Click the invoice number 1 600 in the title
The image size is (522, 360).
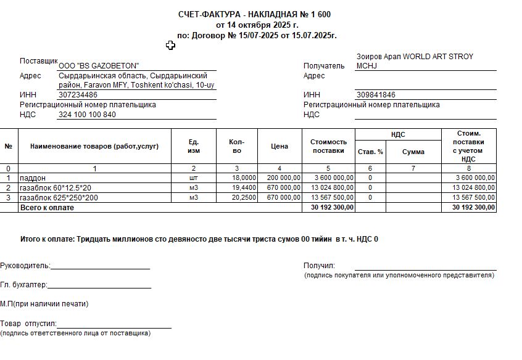click(325, 14)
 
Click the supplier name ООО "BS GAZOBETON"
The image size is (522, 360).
click(99, 66)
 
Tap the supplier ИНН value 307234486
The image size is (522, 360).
click(78, 95)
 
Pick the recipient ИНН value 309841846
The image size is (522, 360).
click(376, 95)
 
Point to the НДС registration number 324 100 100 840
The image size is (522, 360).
click(87, 115)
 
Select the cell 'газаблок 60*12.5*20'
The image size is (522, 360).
click(56, 187)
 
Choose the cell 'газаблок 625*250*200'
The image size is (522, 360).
click(59, 197)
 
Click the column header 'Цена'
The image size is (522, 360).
click(280, 147)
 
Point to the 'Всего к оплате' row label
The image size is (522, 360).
click(47, 208)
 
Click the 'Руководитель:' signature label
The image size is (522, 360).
click(25, 266)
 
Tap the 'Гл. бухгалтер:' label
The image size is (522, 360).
click(23, 285)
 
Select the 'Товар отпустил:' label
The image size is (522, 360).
click(28, 324)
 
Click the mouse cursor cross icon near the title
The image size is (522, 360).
click(170, 45)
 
